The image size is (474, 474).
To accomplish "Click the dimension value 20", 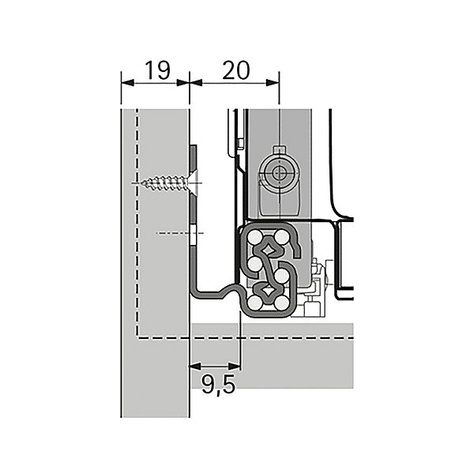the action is (x=236, y=70).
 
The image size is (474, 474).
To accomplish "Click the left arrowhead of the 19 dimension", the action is (x=124, y=80).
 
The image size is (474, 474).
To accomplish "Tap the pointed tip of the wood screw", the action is (x=140, y=184).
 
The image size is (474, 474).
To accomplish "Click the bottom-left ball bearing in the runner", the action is (x=254, y=301).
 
